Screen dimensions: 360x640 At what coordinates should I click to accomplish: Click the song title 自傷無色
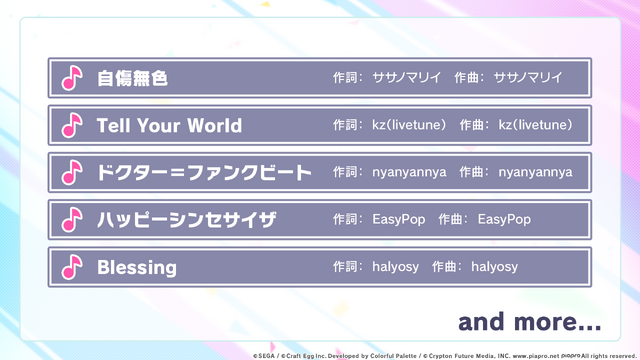[132, 78]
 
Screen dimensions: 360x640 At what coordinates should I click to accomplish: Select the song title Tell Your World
[169, 125]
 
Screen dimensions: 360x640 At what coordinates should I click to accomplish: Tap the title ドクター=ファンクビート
[204, 172]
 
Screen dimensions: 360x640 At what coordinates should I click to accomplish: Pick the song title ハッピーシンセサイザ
[186, 220]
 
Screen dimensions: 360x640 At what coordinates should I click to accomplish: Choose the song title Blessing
[137, 267]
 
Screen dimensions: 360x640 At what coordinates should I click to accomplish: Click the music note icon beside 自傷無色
[71, 78]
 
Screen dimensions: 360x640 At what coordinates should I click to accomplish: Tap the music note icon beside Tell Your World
[71, 125]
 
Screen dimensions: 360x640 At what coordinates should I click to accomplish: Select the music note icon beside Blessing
[71, 267]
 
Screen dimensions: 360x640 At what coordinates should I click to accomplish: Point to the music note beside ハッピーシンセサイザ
[71, 220]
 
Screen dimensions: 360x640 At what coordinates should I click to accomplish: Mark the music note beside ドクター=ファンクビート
[71, 172]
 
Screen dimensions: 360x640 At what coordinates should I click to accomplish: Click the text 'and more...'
[530, 322]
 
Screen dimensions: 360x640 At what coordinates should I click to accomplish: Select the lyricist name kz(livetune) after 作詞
[410, 125]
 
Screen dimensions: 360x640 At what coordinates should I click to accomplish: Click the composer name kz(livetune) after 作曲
[536, 125]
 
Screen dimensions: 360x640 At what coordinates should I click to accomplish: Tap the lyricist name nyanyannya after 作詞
[410, 172]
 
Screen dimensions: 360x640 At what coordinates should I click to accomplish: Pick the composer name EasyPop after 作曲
[504, 219]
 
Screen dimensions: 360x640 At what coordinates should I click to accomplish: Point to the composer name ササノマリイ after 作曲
[528, 77]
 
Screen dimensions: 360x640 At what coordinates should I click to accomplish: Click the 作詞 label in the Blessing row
[347, 267]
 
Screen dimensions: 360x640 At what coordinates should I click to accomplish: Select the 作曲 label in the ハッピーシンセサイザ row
[455, 219]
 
